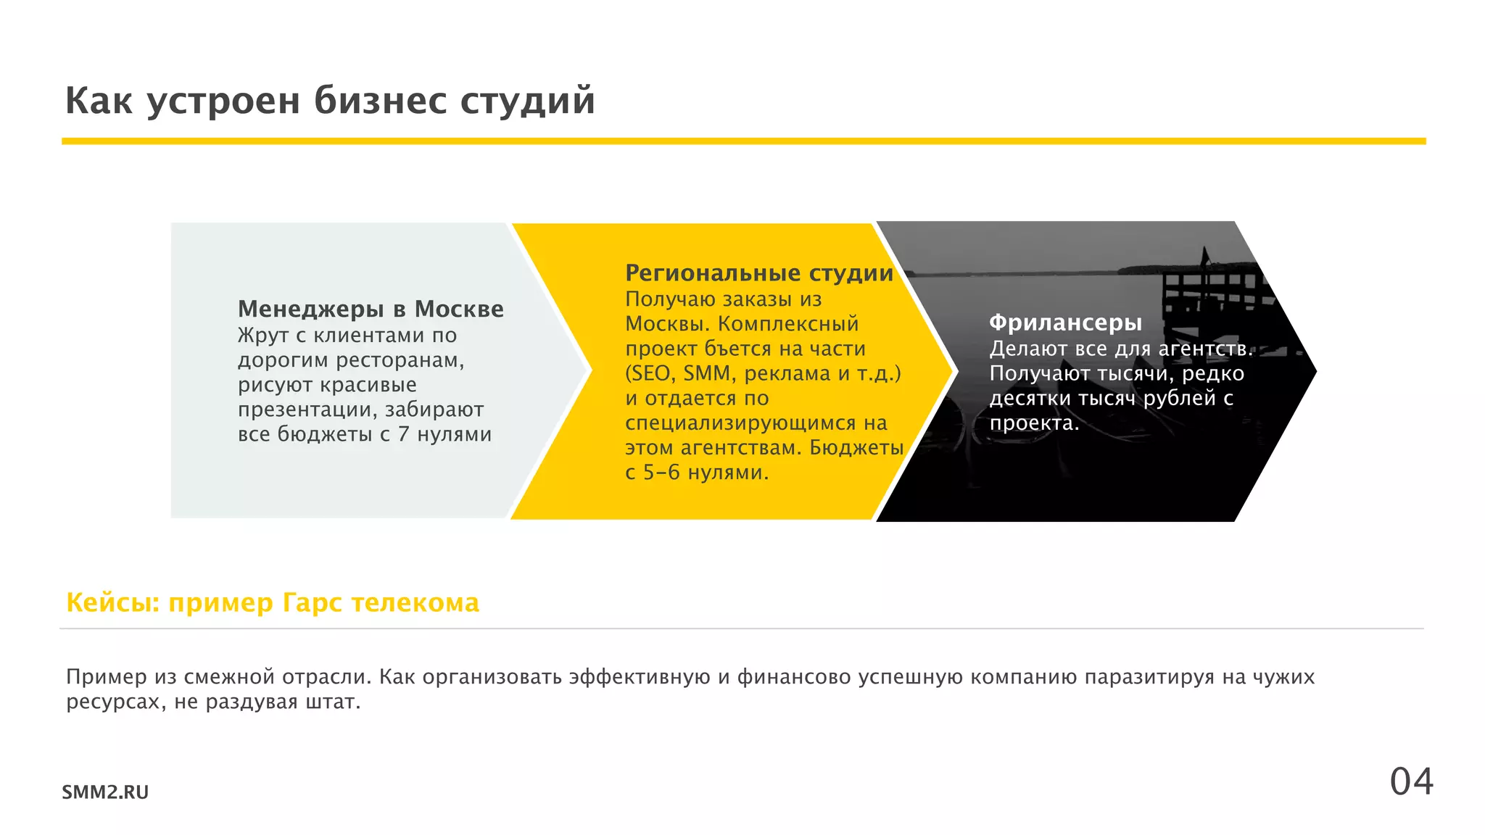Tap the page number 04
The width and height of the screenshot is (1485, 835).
1411,782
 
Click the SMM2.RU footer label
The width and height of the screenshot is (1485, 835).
105,792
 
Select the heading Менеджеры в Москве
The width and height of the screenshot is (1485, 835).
371,309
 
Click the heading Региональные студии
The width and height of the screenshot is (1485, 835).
759,273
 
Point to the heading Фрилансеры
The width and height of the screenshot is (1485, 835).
1065,323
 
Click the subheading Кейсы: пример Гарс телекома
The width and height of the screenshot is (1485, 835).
273,603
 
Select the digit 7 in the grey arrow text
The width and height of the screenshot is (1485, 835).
404,434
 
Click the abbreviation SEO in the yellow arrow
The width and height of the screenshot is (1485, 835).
651,373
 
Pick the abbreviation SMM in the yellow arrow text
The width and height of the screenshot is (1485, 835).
706,373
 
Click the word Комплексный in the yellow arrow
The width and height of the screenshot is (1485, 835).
788,324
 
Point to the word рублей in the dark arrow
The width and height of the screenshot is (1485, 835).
1179,399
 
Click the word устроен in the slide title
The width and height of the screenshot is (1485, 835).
223,100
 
